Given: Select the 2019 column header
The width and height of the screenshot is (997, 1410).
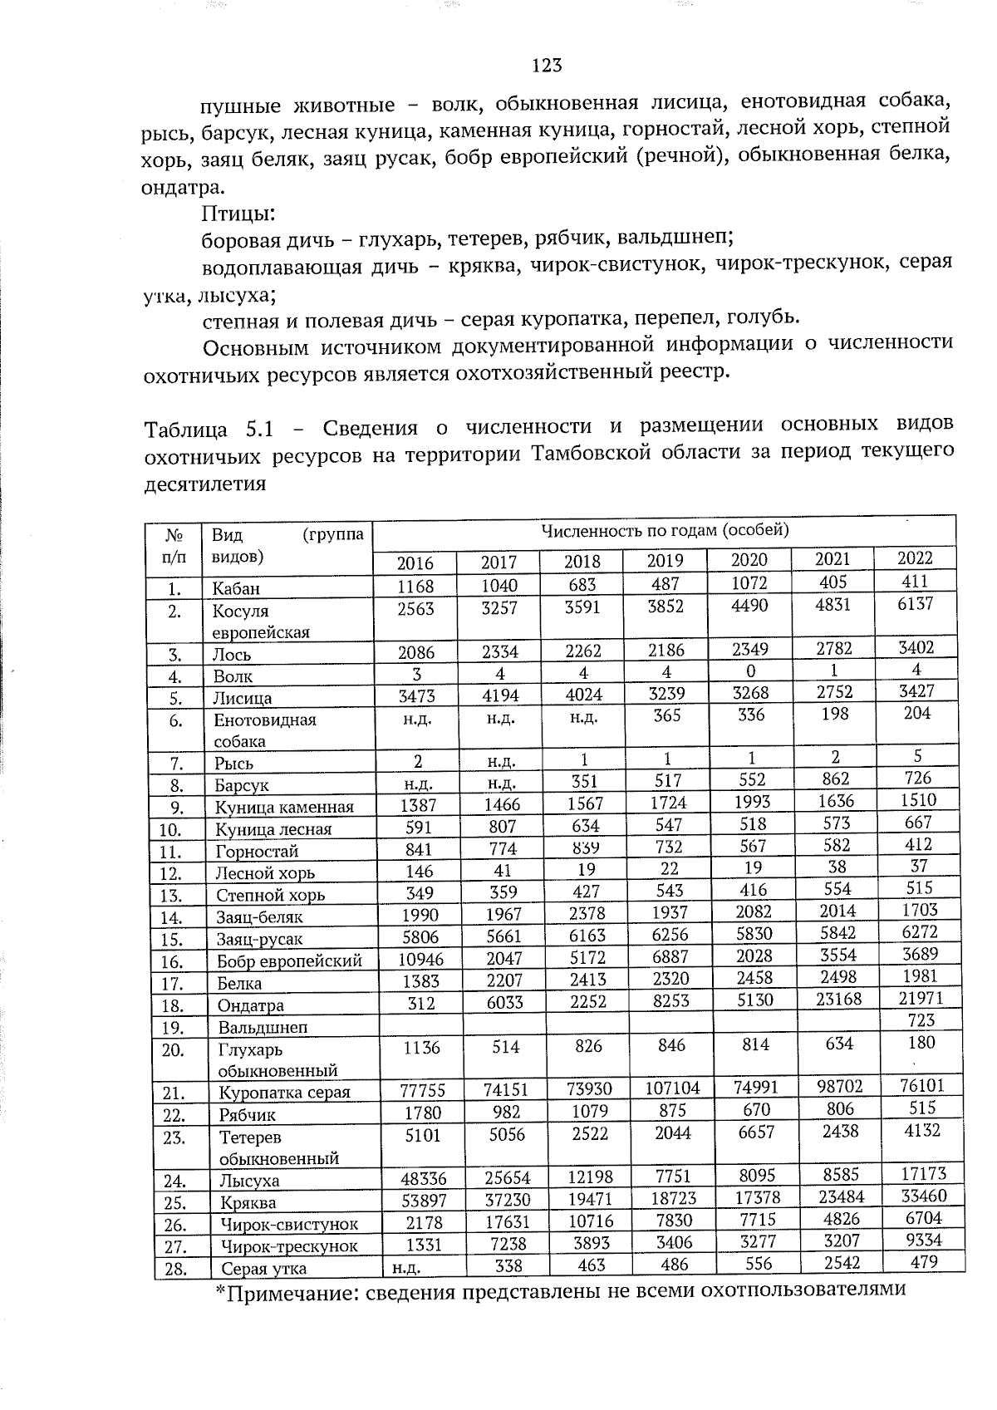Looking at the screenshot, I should tap(665, 561).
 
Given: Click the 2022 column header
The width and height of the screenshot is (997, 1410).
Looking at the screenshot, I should tap(916, 558).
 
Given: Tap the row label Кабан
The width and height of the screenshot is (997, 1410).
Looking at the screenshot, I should tap(236, 588).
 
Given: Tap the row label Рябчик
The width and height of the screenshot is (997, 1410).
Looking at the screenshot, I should tap(247, 1115).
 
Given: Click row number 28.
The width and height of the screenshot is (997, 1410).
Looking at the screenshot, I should tap(174, 1270).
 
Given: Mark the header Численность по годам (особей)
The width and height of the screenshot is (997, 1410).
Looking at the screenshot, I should tap(665, 530).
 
